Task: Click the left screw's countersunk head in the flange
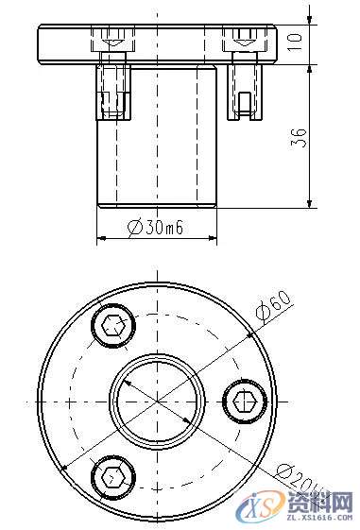(112, 42)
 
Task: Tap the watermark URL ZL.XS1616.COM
(319, 518)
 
